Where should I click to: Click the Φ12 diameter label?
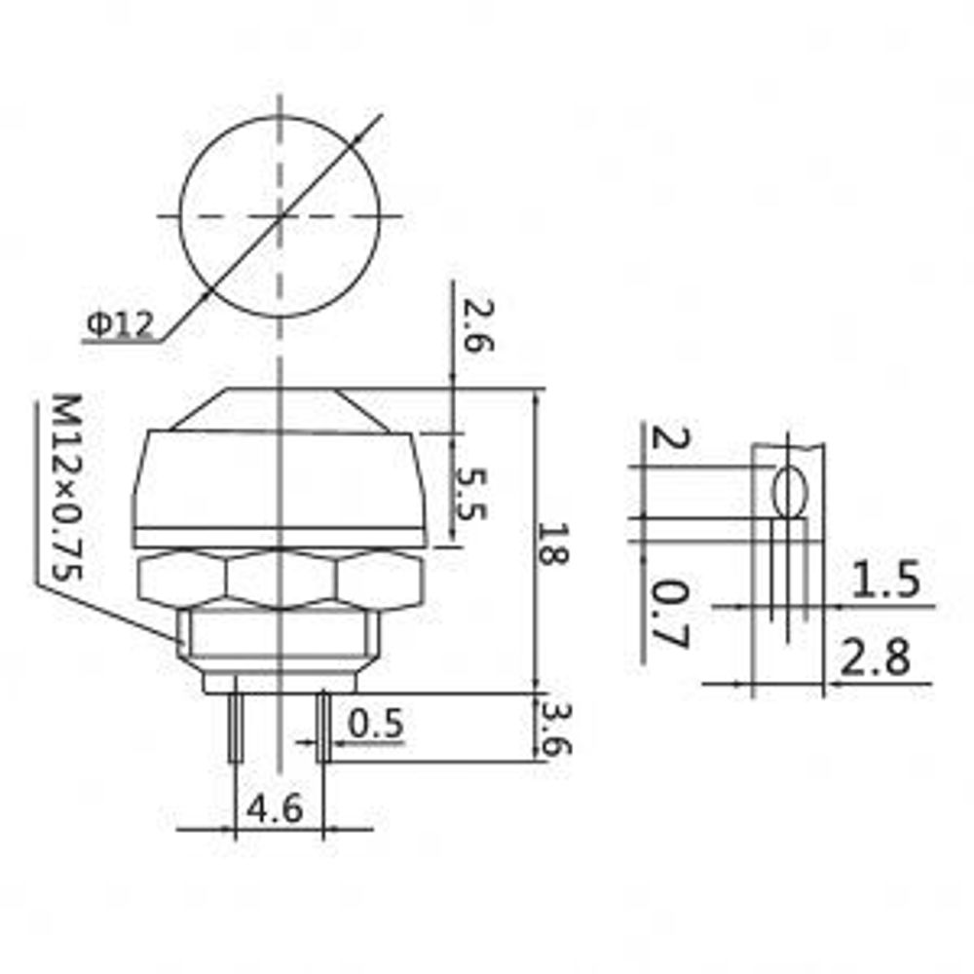pyautogui.click(x=119, y=325)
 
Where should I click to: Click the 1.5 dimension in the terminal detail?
pyautogui.click(x=885, y=581)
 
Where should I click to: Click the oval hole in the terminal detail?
pyautogui.click(x=789, y=492)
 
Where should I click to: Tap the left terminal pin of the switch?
pyautogui.click(x=236, y=727)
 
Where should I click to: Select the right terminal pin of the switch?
pyautogui.click(x=322, y=727)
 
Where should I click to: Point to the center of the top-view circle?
pyautogui.click(x=281, y=215)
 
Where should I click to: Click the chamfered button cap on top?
pyautogui.click(x=281, y=408)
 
